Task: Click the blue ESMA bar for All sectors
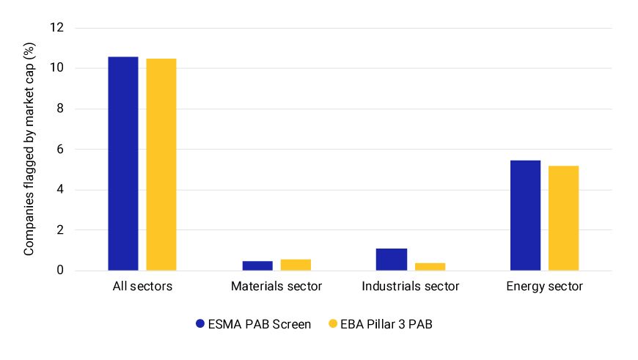tap(122, 164)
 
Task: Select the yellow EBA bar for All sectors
tap(161, 164)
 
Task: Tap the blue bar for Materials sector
tap(257, 265)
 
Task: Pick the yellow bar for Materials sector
tap(295, 265)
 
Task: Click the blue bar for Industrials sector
tap(391, 260)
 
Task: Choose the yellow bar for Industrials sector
tap(429, 266)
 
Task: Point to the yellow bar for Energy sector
tap(563, 218)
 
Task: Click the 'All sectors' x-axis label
tap(142, 287)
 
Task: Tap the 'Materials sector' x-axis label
tap(276, 287)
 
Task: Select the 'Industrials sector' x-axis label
tap(410, 287)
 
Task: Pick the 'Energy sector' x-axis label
tap(544, 287)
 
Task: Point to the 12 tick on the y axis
tap(57, 28)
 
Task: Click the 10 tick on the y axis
tap(57, 68)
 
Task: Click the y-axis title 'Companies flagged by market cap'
tap(29, 150)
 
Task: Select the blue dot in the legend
tap(199, 323)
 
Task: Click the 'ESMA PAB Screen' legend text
tap(260, 323)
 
